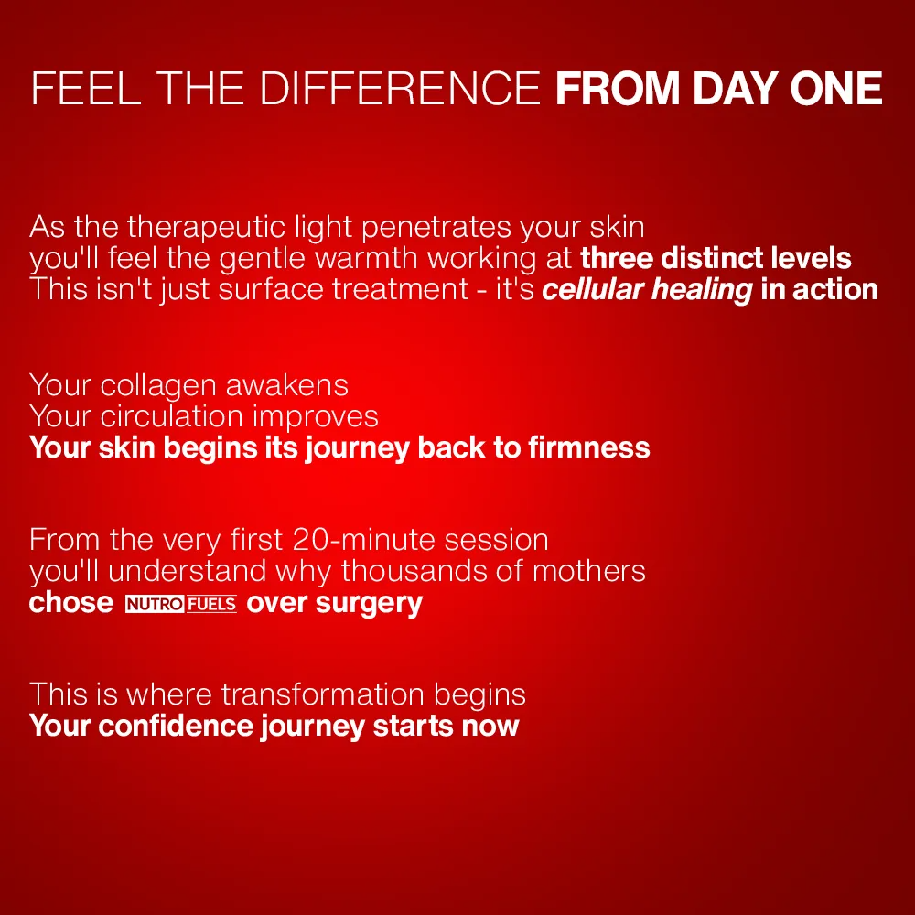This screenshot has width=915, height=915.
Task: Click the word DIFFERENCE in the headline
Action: point(400,89)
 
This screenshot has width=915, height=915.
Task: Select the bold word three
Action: point(617,258)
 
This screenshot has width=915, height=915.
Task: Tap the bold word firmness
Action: point(589,447)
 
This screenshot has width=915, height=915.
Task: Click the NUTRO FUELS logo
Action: point(180,604)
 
